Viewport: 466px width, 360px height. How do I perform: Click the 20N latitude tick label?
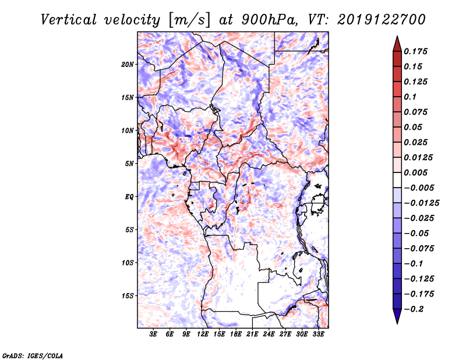pyautogui.click(x=128, y=65)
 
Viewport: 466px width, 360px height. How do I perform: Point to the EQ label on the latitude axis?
pyautogui.click(x=129, y=197)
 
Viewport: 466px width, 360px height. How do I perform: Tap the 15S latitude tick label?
pyautogui.click(x=128, y=296)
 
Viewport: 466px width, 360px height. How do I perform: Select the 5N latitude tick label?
pyautogui.click(x=129, y=164)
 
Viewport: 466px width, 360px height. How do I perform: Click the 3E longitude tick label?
pyautogui.click(x=153, y=334)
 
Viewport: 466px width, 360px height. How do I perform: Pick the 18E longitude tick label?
pyautogui.click(x=236, y=334)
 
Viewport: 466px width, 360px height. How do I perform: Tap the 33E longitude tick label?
pyautogui.click(x=318, y=334)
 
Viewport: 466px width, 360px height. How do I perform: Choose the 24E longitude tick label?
pyautogui.click(x=269, y=334)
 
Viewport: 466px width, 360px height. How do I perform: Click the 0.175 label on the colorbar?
pyautogui.click(x=415, y=51)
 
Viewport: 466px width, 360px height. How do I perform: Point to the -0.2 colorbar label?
pyautogui.click(x=414, y=309)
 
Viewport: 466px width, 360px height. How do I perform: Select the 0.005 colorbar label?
pyautogui.click(x=415, y=172)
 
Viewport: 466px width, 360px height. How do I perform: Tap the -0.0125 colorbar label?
pyautogui.click(x=421, y=203)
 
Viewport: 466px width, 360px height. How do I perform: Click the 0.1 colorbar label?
pyautogui.click(x=410, y=97)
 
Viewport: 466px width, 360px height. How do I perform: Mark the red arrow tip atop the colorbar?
pyautogui.click(x=397, y=37)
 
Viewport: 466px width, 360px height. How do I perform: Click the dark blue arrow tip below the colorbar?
pyautogui.click(x=397, y=323)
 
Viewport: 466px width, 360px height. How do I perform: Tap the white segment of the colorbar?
pyautogui.click(x=397, y=180)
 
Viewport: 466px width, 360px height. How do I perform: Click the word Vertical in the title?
pyautogui.click(x=69, y=20)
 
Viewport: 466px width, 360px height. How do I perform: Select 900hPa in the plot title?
pyautogui.click(x=269, y=20)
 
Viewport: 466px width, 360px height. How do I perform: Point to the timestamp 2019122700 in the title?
pyautogui.click(x=382, y=20)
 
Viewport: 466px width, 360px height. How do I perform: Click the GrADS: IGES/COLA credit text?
pyautogui.click(x=33, y=355)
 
